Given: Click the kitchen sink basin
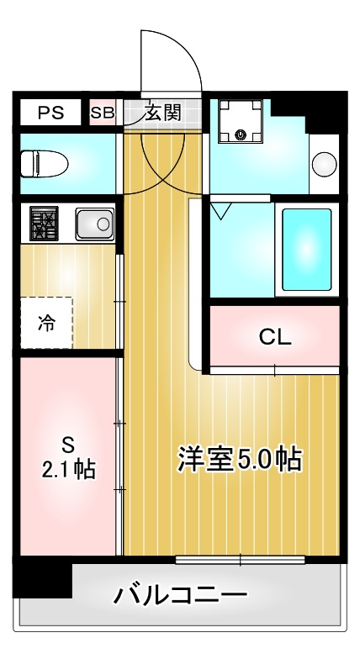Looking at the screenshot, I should pyautogui.click(x=94, y=224).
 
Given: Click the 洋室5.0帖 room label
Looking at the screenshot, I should pyautogui.click(x=240, y=459).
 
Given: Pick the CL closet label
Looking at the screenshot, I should pyautogui.click(x=274, y=338).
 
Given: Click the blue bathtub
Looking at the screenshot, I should pyautogui.click(x=306, y=249).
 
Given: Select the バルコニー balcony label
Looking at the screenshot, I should pyautogui.click(x=181, y=596).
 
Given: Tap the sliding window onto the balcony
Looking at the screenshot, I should pyautogui.click(x=240, y=559).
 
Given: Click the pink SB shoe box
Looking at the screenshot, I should pyautogui.click(x=103, y=113).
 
